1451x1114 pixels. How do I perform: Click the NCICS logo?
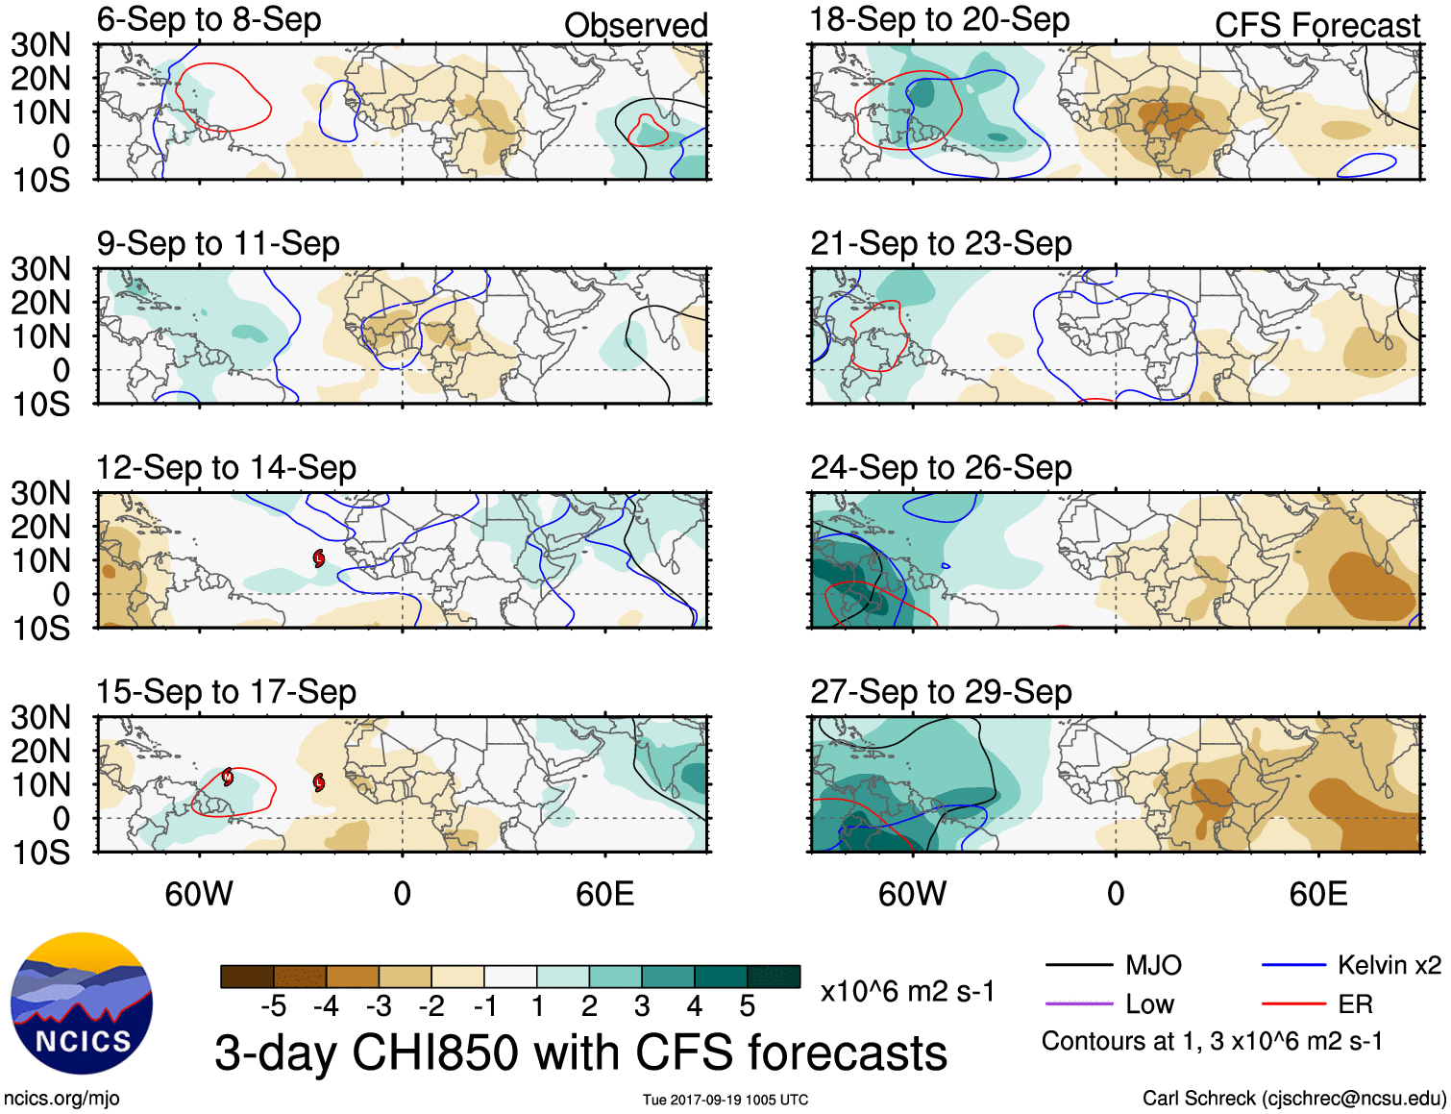click(82, 1003)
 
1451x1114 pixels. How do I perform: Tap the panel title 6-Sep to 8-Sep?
click(209, 19)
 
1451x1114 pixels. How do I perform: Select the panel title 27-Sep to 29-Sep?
click(940, 691)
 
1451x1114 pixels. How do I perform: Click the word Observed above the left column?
click(635, 25)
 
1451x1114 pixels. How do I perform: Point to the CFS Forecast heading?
click(1316, 25)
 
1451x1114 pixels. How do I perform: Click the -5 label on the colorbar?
click(273, 1006)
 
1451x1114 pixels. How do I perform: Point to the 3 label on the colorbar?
click(642, 1006)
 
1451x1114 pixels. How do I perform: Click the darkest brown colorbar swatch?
click(247, 977)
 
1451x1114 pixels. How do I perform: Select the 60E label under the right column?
click(1317, 895)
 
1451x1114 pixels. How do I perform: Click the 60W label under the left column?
click(199, 895)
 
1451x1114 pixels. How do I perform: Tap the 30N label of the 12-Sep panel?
click(40, 493)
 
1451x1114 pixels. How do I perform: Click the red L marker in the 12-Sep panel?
click(319, 558)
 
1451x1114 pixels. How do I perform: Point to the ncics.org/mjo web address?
click(61, 1098)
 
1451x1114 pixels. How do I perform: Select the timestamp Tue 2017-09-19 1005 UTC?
click(725, 1100)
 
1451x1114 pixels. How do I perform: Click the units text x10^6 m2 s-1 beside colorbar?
click(907, 991)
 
